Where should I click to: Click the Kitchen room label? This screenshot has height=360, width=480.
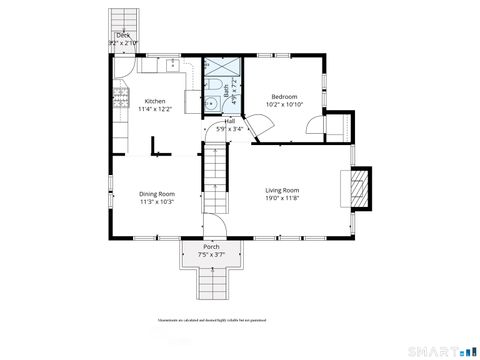(x=155, y=101)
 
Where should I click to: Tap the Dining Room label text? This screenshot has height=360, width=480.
(x=157, y=195)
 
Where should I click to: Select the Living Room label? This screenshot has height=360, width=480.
(x=283, y=191)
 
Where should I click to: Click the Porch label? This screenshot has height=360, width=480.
(x=211, y=246)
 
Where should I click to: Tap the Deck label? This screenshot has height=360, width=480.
(x=123, y=36)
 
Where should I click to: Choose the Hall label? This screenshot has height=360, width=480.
(x=229, y=121)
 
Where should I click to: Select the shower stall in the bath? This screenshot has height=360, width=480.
(x=219, y=67)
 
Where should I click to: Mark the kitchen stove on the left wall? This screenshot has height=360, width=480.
(x=119, y=98)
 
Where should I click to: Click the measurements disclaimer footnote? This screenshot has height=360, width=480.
(x=211, y=321)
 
